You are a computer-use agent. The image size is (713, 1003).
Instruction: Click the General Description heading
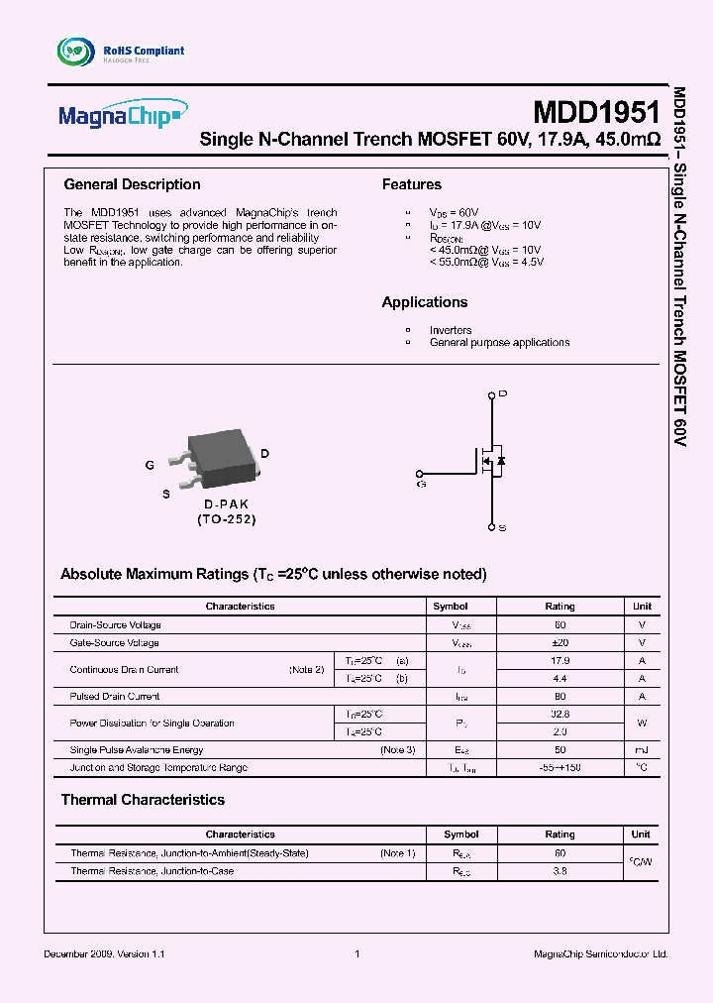pyautogui.click(x=132, y=184)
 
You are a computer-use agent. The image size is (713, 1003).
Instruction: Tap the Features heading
pyautogui.click(x=412, y=184)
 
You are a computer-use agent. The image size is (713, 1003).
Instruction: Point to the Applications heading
pyautogui.click(x=425, y=302)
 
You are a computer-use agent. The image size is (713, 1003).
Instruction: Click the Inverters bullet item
pyautogui.click(x=451, y=330)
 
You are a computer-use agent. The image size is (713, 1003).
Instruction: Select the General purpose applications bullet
pyautogui.click(x=499, y=343)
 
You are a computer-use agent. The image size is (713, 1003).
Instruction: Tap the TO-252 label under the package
pyautogui.click(x=226, y=519)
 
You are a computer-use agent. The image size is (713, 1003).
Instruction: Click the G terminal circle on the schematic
pyautogui.click(x=420, y=473)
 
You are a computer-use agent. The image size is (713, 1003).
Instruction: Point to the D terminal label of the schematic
pyautogui.click(x=503, y=394)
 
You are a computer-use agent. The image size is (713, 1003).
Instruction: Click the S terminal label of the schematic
pyautogui.click(x=503, y=528)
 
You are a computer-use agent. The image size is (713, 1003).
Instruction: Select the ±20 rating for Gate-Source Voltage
pyautogui.click(x=560, y=643)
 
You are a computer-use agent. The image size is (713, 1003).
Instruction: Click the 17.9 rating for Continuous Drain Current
pyautogui.click(x=560, y=660)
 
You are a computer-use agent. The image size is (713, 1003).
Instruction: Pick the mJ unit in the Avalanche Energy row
pyautogui.click(x=642, y=750)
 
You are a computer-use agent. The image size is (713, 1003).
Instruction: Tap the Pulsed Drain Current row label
pyautogui.click(x=115, y=697)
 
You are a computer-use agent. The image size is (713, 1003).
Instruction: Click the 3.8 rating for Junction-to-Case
pyautogui.click(x=560, y=871)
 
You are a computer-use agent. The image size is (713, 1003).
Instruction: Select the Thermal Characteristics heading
pyautogui.click(x=143, y=800)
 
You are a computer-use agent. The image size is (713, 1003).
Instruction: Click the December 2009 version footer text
pyautogui.click(x=105, y=953)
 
